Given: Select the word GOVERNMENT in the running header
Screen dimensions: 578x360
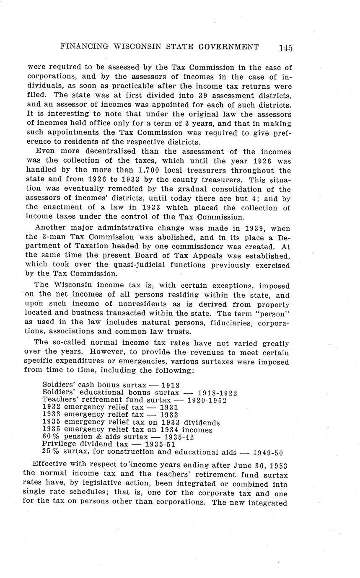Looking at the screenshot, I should (229, 46).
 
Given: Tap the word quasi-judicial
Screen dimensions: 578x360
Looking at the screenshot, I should (135, 265).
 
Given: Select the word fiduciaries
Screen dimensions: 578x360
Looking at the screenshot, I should (219, 323).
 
